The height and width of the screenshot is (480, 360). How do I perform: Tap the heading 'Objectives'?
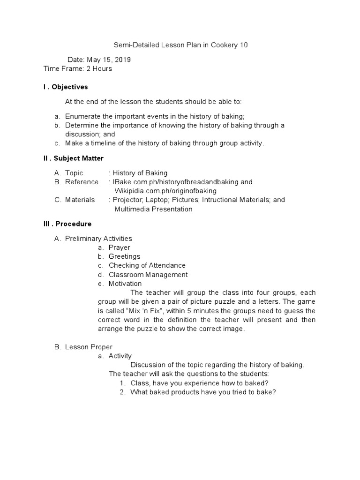coord(70,87)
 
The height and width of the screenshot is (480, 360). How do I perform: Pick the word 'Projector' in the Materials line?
coord(128,200)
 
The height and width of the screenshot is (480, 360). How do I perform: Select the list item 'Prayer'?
coord(120,247)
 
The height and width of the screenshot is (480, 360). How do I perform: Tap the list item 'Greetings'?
coord(124,256)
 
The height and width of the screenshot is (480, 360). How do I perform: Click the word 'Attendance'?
coord(167,265)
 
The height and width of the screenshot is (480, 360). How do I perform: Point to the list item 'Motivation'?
coord(125,284)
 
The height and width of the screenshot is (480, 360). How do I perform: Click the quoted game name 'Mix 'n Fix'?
coord(143,311)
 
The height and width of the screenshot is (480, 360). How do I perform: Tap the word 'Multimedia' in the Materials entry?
coord(133,209)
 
